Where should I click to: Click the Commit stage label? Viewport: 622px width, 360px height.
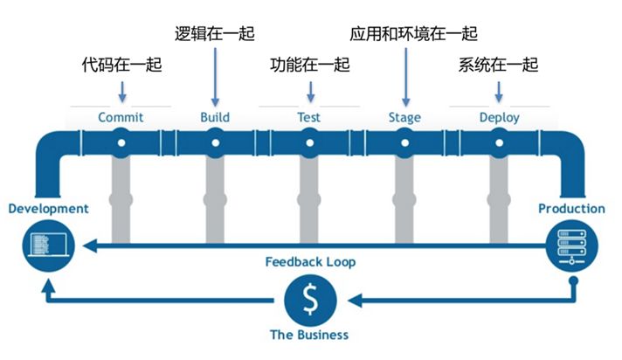[121, 117]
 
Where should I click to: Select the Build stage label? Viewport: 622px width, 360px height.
[215, 117]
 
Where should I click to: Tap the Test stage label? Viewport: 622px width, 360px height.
[308, 117]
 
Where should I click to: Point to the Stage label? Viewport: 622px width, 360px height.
[404, 117]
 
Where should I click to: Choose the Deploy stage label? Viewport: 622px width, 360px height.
[499, 117]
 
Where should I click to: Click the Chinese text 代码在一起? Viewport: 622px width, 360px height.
[121, 65]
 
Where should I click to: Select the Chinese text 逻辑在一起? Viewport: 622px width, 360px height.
[215, 34]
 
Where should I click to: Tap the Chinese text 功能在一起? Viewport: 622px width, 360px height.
[309, 65]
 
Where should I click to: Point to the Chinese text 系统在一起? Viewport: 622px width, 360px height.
[499, 65]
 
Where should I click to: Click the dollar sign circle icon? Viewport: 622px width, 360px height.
[309, 301]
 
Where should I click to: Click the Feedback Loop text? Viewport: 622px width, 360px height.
[310, 261]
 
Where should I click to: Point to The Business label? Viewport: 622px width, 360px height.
[309, 335]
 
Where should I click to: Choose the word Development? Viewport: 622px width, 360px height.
[48, 209]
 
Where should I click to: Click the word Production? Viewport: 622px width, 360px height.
[571, 209]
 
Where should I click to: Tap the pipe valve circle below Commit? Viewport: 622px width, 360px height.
[121, 142]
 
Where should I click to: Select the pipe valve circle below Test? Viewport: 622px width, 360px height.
[308, 142]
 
